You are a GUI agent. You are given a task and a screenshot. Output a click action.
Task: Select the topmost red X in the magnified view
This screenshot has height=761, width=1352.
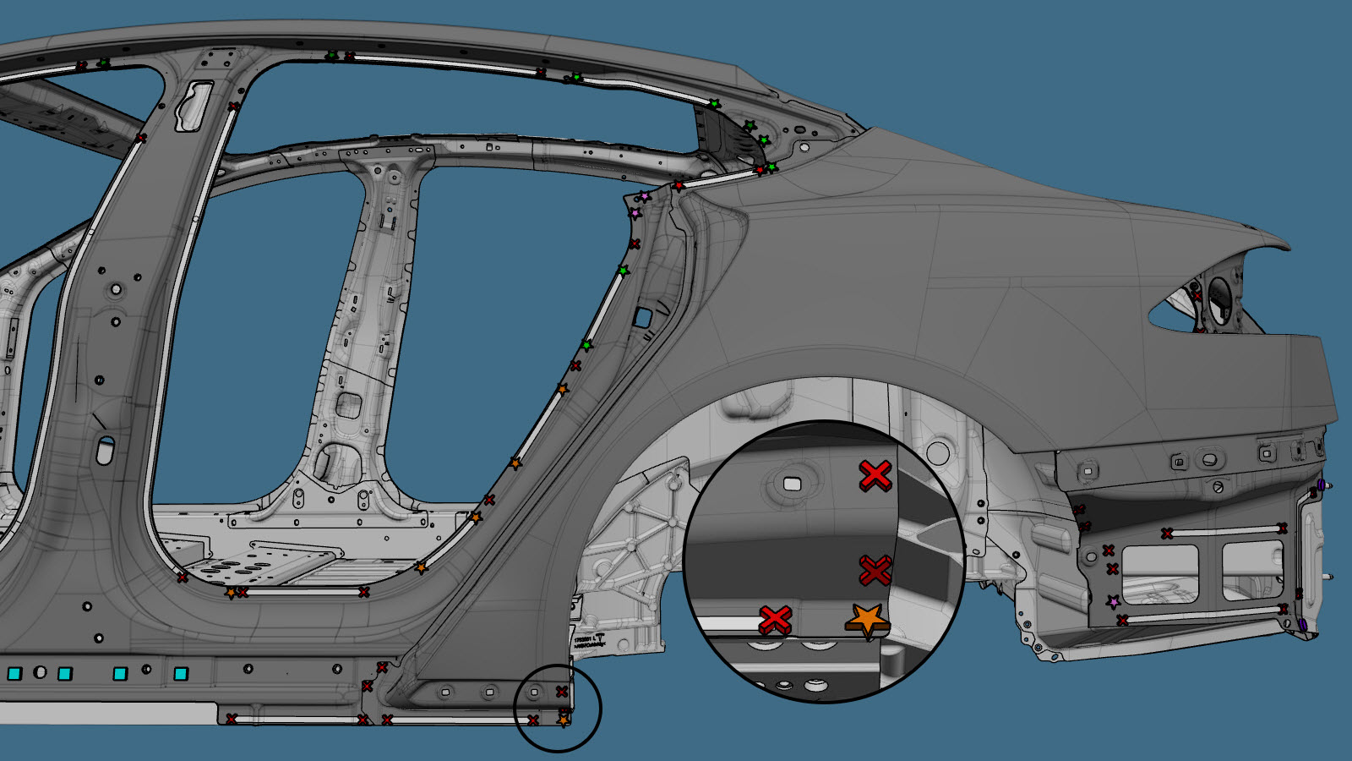(875, 476)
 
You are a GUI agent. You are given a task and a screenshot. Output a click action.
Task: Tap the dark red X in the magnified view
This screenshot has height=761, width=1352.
(875, 571)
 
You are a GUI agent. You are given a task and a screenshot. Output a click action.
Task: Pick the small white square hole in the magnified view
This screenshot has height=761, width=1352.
(792, 484)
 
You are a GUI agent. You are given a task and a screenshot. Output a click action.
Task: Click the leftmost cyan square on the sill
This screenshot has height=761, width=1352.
(14, 674)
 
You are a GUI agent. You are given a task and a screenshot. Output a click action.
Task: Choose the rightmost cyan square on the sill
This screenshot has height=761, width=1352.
(180, 674)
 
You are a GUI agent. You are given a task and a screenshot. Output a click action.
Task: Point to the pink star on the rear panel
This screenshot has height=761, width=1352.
(1114, 602)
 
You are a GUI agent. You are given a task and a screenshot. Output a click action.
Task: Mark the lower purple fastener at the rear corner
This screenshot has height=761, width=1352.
(1302, 625)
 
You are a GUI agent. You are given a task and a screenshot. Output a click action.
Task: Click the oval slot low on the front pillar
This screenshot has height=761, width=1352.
(105, 451)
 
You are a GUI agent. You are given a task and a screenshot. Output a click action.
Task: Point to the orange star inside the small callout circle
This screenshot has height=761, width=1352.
(564, 720)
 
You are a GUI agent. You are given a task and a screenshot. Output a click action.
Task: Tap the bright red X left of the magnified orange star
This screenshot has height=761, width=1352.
(775, 619)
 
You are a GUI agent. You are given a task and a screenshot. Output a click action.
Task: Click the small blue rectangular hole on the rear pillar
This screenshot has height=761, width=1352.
(642, 318)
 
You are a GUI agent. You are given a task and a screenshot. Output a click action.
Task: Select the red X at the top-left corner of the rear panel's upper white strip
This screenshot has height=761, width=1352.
(1167, 534)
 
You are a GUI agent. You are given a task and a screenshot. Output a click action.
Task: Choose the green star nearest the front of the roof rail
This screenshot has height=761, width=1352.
(104, 63)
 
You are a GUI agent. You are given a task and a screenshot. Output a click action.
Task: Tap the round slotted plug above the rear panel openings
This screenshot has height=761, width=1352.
(1218, 487)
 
